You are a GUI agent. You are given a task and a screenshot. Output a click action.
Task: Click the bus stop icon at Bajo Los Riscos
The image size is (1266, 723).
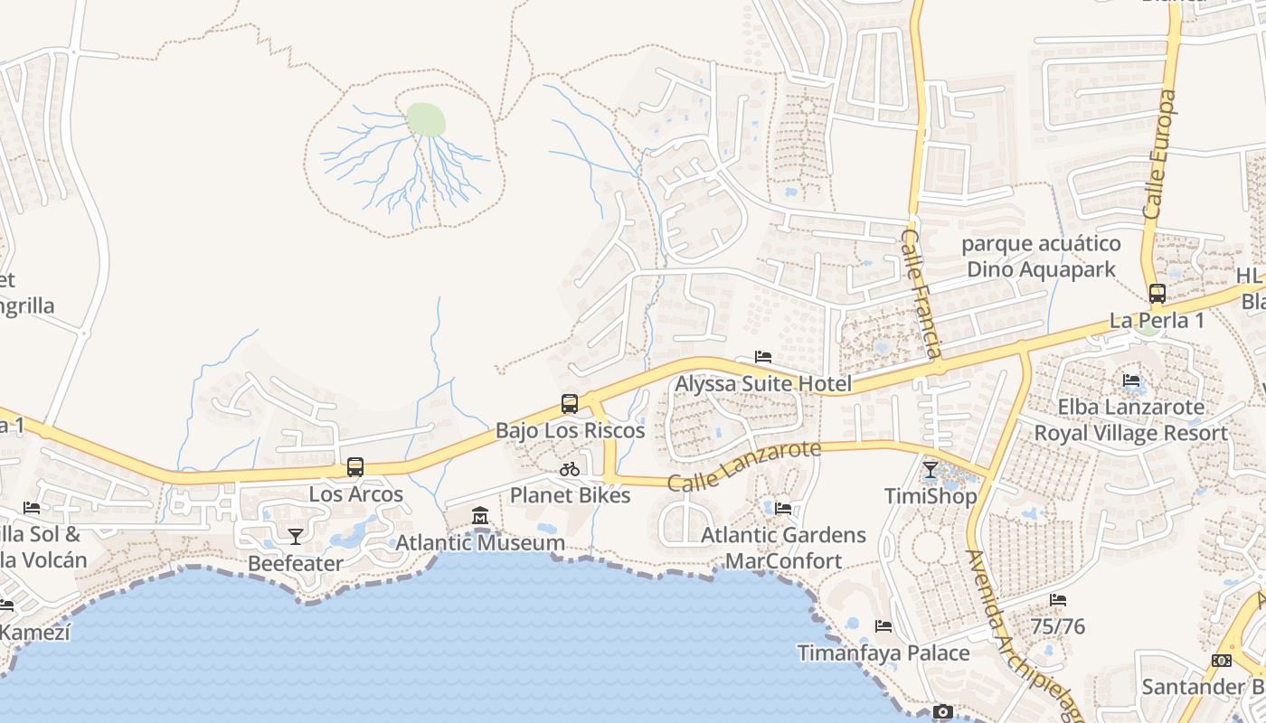[x=570, y=404]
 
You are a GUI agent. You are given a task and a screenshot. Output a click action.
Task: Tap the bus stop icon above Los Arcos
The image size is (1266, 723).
[x=355, y=467]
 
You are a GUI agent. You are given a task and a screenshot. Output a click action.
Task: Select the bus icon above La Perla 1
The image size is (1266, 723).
[x=1157, y=294]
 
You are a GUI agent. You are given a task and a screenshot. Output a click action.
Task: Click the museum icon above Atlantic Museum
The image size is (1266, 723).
[x=480, y=516]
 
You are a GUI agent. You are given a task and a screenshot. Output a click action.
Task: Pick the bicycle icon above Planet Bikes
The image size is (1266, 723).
[x=570, y=469]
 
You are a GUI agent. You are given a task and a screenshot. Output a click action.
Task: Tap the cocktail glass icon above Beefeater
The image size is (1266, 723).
[x=296, y=537]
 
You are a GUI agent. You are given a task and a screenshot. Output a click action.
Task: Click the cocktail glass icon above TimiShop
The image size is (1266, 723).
[x=931, y=470]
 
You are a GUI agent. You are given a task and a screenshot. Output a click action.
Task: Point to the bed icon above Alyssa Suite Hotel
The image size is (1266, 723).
[x=763, y=357]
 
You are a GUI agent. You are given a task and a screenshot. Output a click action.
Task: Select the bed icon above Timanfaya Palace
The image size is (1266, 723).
[x=883, y=626]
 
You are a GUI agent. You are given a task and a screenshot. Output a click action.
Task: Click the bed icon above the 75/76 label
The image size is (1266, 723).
[x=1058, y=600]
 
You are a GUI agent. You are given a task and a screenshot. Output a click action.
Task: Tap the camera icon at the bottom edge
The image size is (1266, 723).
[x=943, y=712]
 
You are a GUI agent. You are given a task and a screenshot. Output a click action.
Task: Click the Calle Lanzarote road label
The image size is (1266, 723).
[x=744, y=465]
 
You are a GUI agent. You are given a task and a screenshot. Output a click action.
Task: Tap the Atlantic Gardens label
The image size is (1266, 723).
[x=783, y=535]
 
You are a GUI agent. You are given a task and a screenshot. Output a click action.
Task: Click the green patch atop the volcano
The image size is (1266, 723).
[x=426, y=119]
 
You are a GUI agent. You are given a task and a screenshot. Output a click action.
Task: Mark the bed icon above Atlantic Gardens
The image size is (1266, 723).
[x=783, y=509]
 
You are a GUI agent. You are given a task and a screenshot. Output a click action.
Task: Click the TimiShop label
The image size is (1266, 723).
[x=931, y=496]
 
